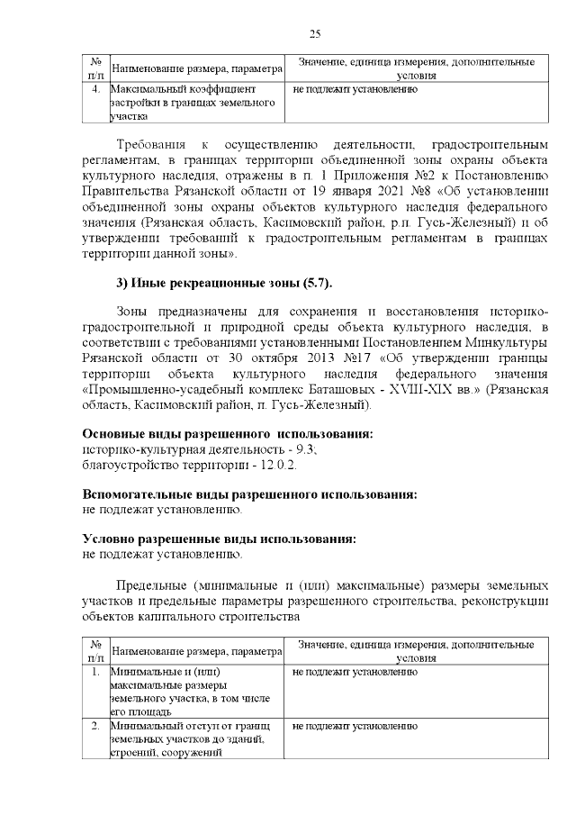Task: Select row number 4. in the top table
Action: click(x=95, y=90)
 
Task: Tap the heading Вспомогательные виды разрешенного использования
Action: click(x=249, y=495)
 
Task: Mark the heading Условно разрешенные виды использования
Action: click(x=219, y=539)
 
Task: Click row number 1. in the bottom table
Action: click(x=95, y=673)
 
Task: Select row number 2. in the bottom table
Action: click(x=95, y=725)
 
